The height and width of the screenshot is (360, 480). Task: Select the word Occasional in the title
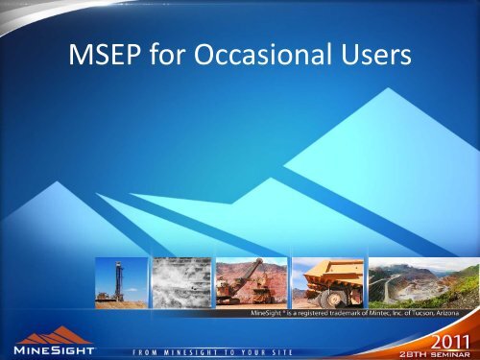(257, 58)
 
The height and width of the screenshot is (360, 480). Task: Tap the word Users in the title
(370, 58)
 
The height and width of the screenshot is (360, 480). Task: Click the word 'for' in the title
(173, 58)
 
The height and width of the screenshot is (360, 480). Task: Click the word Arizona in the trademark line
(454, 313)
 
